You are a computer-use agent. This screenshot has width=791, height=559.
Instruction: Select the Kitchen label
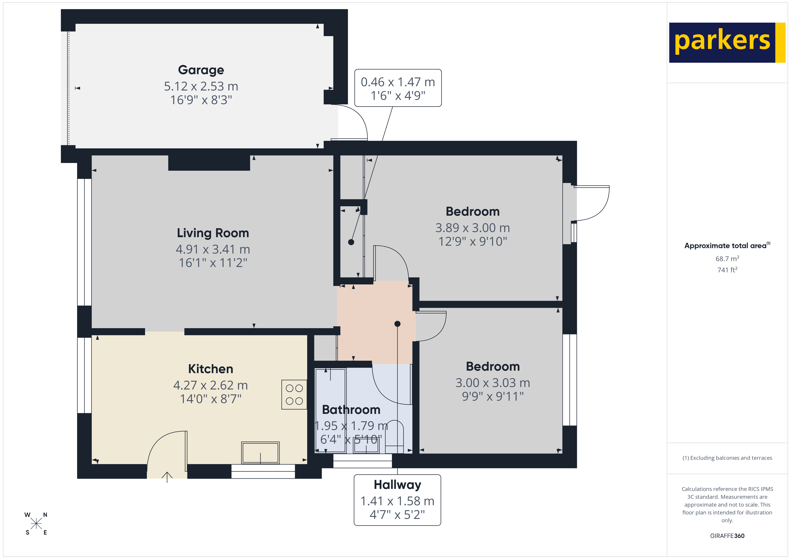point(211,369)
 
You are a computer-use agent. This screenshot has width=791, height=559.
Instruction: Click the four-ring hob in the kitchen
point(294,394)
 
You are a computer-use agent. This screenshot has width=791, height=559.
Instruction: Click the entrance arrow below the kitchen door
point(167,477)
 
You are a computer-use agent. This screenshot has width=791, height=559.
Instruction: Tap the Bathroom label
point(351,410)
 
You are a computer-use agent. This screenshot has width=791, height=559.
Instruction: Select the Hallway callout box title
point(397,485)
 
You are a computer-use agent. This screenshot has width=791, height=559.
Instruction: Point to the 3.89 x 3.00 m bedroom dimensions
point(472,228)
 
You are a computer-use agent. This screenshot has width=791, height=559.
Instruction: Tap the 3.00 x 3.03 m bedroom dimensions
point(493,383)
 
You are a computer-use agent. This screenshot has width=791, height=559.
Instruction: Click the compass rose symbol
point(36,524)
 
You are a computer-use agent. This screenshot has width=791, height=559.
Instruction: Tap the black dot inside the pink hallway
point(397,324)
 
